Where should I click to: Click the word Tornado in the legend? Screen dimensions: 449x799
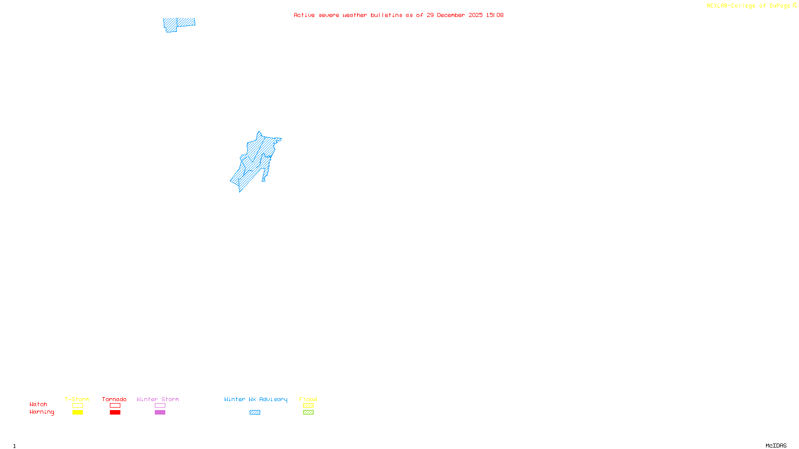tap(114, 399)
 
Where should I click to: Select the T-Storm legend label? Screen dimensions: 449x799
tap(77, 399)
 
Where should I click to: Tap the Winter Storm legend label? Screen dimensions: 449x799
tap(158, 399)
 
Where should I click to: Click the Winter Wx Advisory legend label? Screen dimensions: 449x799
tap(256, 399)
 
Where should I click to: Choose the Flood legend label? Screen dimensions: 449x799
tap(308, 399)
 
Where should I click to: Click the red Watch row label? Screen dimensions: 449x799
tap(38, 404)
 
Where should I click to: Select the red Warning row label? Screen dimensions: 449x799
tap(42, 412)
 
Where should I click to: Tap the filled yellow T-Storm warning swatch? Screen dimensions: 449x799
tap(77, 413)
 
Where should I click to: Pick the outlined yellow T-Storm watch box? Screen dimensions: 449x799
tap(77, 406)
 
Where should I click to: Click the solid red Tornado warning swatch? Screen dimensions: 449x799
tap(115, 413)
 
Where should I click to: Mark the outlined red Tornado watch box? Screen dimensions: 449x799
tap(115, 406)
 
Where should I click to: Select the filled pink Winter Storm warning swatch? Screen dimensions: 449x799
tap(160, 413)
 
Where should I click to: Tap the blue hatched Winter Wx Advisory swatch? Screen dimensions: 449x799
tap(255, 413)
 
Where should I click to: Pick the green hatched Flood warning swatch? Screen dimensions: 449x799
tap(308, 413)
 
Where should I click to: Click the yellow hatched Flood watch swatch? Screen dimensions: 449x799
tap(308, 406)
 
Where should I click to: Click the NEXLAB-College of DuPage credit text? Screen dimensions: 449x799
tap(749, 6)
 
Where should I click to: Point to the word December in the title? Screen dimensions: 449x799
tap(451, 15)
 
